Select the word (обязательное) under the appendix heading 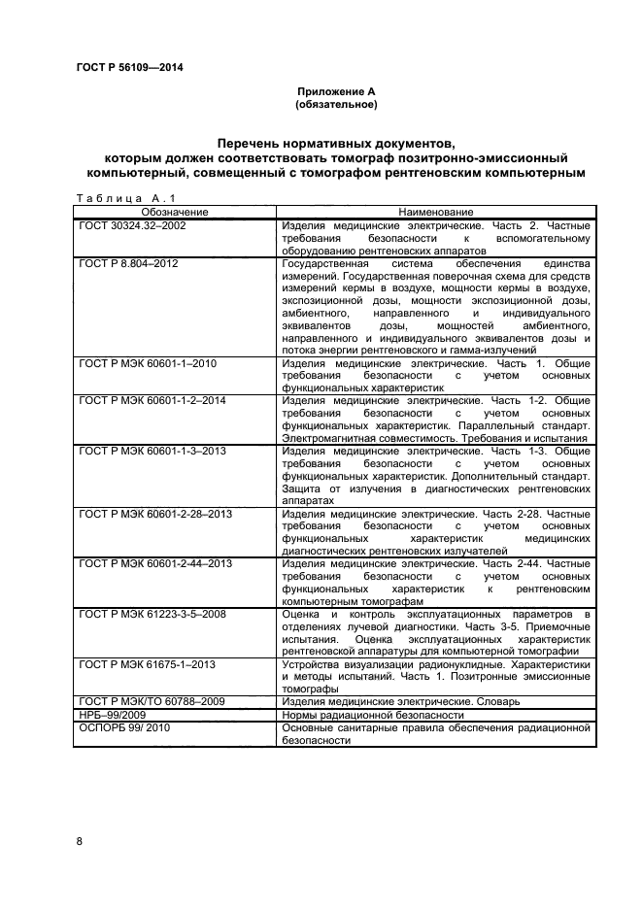click(x=336, y=103)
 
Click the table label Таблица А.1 click(x=109, y=199)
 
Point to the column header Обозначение click(x=175, y=212)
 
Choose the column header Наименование click(x=435, y=212)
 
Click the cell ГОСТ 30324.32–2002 click(x=132, y=224)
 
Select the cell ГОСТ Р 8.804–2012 click(x=128, y=262)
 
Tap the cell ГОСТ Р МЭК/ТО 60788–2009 click(x=151, y=702)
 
